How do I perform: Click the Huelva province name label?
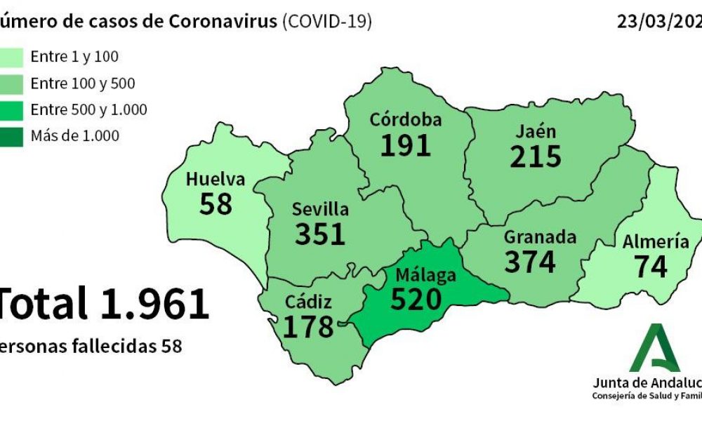[216, 180]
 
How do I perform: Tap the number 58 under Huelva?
[216, 204]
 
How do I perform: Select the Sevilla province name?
[320, 209]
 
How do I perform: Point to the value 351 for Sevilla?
[320, 234]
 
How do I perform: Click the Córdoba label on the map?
[406, 120]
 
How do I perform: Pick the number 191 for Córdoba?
[406, 145]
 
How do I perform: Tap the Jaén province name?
[536, 131]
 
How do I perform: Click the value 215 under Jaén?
[536, 156]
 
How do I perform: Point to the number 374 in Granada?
[530, 262]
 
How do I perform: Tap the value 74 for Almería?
[650, 267]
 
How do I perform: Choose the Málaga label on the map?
[425, 274]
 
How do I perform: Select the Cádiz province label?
[308, 302]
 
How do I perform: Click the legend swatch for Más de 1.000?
[12, 135]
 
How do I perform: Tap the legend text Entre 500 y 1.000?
[88, 109]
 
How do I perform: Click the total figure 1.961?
[155, 303]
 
